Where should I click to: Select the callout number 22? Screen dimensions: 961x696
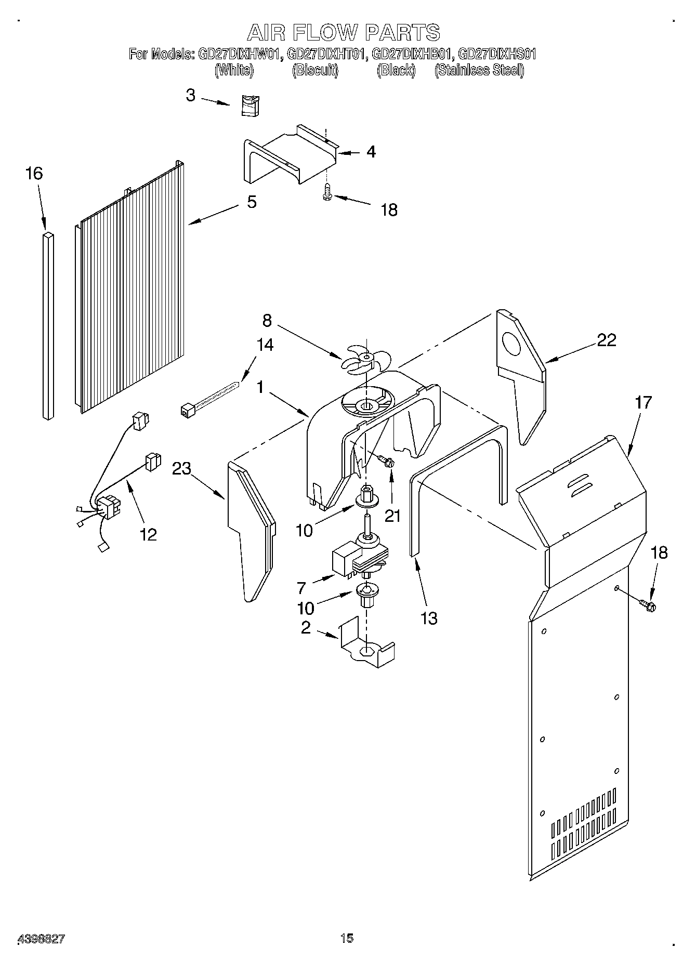tap(606, 340)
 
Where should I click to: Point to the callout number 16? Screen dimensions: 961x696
tap(34, 174)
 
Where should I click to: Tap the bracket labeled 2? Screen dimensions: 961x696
tap(366, 644)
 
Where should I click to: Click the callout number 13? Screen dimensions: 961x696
tap(429, 618)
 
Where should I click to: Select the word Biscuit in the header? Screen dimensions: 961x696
tap(315, 70)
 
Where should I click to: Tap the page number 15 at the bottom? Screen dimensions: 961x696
tap(347, 938)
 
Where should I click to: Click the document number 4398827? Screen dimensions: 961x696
tap(42, 939)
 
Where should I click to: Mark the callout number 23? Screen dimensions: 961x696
tap(182, 469)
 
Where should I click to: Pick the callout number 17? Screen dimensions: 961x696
tap(643, 402)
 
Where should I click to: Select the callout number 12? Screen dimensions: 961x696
tap(148, 534)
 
